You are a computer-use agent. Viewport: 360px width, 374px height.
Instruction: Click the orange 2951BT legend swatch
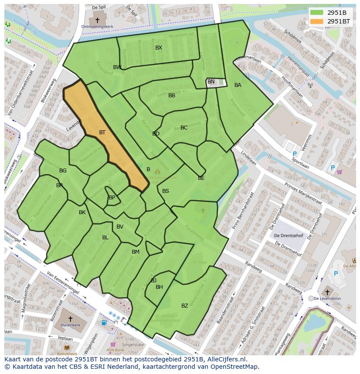[317, 21]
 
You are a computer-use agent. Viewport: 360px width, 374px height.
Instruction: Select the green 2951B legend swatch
[317, 13]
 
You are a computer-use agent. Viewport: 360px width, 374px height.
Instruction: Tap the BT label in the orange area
[102, 132]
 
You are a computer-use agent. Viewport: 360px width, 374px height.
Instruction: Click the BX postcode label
[159, 48]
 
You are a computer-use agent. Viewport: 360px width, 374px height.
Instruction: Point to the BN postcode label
[211, 82]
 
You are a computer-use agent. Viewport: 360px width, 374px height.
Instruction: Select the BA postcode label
[238, 85]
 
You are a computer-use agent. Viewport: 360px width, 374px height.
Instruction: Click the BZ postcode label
[185, 306]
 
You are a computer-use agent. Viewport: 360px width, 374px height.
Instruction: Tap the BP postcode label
[112, 198]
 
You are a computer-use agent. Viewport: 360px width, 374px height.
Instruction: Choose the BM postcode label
[136, 252]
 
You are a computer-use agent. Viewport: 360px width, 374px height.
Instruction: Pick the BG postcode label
[63, 171]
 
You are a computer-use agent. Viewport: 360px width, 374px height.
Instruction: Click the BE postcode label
[201, 178]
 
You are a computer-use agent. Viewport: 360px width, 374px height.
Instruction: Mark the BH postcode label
[159, 287]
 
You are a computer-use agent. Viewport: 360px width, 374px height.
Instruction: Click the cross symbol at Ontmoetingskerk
[97, 20]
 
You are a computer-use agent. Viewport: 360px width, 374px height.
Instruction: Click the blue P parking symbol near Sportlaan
[294, 154]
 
